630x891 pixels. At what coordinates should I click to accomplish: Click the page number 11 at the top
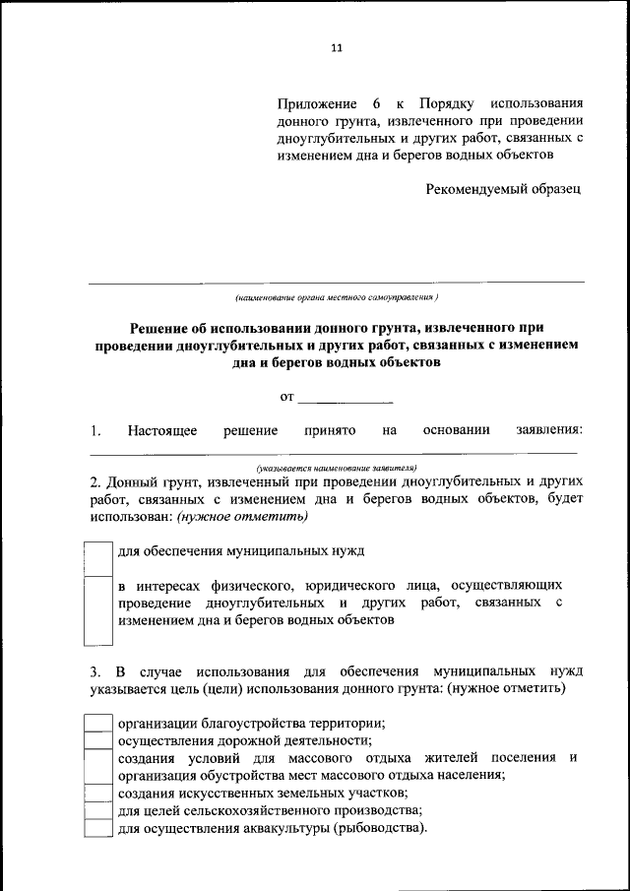pyautogui.click(x=335, y=48)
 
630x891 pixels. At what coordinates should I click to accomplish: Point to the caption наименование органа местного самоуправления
pyautogui.click(x=336, y=296)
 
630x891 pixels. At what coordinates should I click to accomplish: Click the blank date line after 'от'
pyautogui.click(x=345, y=398)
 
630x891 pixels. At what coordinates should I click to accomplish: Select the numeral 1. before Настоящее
pyautogui.click(x=94, y=430)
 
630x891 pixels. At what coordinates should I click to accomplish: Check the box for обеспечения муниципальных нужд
pyautogui.click(x=97, y=557)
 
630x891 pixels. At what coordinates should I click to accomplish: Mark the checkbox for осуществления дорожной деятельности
pyautogui.click(x=97, y=740)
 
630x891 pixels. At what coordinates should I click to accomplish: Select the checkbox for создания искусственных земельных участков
pyautogui.click(x=97, y=794)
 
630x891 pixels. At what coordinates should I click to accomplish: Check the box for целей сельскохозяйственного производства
pyautogui.click(x=97, y=811)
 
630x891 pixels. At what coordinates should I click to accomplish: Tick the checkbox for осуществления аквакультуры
pyautogui.click(x=97, y=829)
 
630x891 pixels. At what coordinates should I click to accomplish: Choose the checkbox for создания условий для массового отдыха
pyautogui.click(x=97, y=766)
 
